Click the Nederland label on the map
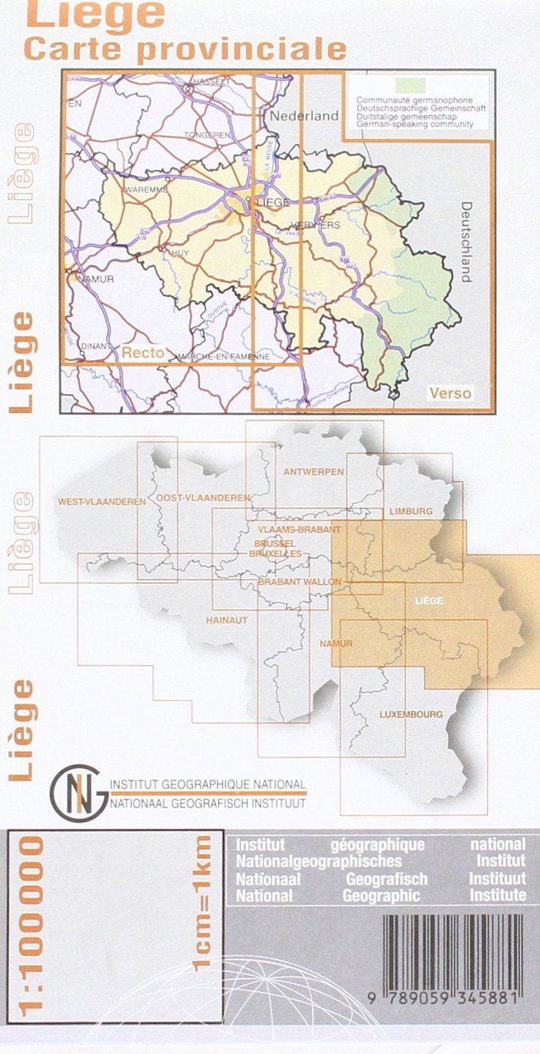point(305,116)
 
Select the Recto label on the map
point(143,352)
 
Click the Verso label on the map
point(449,393)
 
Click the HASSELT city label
point(210,81)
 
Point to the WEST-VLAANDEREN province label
point(102,501)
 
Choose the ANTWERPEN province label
point(314,472)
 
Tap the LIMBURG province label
point(411,512)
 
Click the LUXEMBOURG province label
point(411,713)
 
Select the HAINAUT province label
point(226,620)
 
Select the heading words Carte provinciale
point(185,47)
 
